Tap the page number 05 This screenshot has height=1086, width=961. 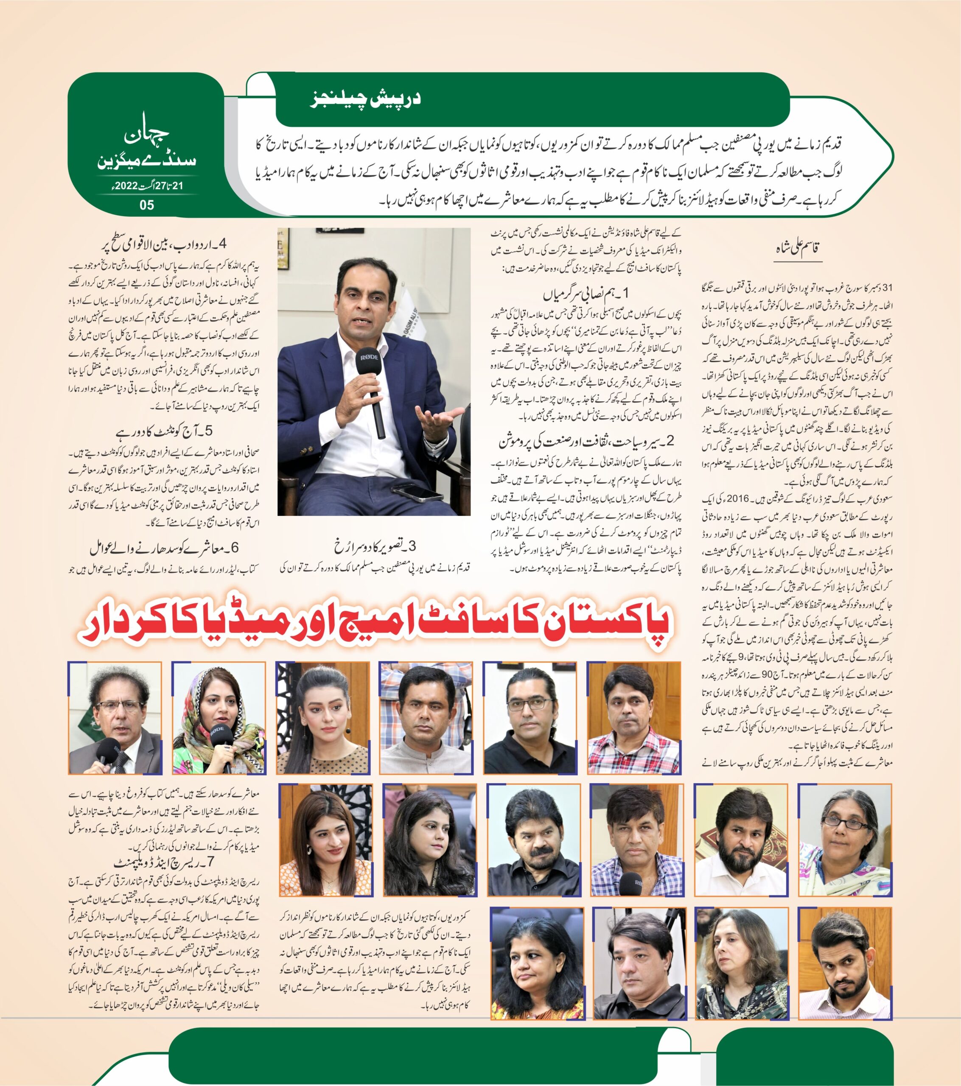pyautogui.click(x=147, y=205)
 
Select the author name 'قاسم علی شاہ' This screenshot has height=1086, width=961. pyautogui.click(x=798, y=248)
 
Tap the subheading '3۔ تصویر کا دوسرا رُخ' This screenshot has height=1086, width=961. pyautogui.click(x=375, y=546)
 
